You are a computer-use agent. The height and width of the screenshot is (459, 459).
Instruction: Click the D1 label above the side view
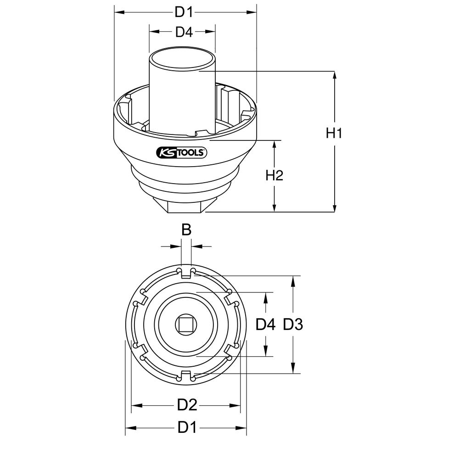pyautogui.click(x=184, y=12)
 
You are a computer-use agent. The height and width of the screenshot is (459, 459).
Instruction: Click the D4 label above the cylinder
pyautogui.click(x=184, y=32)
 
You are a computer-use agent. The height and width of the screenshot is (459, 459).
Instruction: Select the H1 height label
pyautogui.click(x=334, y=134)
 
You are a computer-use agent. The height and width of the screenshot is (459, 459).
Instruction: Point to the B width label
pyautogui.click(x=186, y=230)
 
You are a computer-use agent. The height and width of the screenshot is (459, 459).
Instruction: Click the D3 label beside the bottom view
pyautogui.click(x=293, y=325)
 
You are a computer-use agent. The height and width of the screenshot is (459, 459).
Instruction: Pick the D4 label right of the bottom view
pyautogui.click(x=265, y=325)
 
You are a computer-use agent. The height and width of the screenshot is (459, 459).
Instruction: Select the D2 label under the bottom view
pyautogui.click(x=187, y=405)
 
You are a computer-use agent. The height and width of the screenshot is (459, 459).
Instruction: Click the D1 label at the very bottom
pyautogui.click(x=187, y=428)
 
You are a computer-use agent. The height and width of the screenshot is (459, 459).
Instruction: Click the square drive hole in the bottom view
pyautogui.click(x=186, y=325)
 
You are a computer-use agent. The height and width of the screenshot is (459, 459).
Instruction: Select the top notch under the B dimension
pyautogui.click(x=186, y=273)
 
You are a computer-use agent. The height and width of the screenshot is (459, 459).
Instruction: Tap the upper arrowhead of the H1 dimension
pyautogui.click(x=334, y=75)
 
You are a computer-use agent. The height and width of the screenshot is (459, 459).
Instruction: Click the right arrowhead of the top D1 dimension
pyautogui.click(x=253, y=12)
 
